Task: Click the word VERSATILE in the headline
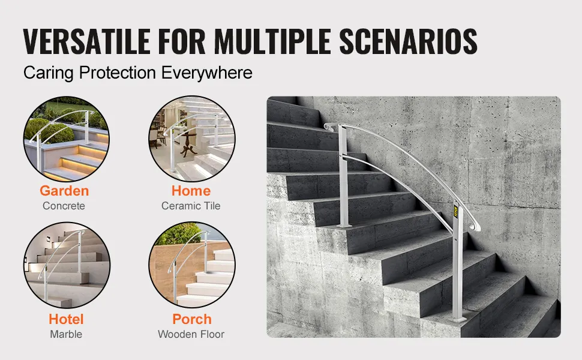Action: tap(86, 41)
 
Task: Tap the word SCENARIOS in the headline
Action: tap(408, 41)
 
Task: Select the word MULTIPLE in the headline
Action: tap(272, 41)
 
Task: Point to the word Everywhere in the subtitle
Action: tap(207, 73)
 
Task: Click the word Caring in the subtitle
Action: tap(48, 73)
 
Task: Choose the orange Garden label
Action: tap(64, 191)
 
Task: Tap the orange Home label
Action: tap(191, 191)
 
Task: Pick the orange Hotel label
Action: tap(66, 319)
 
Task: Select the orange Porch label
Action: tap(192, 319)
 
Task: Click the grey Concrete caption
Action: tap(64, 206)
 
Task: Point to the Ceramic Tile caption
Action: tap(191, 206)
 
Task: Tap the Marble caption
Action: tap(66, 334)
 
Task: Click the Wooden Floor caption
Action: tap(191, 334)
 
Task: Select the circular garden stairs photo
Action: tap(67, 139)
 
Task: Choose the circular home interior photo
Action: tap(192, 139)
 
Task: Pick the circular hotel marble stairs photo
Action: tap(67, 265)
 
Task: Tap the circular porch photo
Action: tap(192, 265)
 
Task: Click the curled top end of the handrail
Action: tap(328, 127)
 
